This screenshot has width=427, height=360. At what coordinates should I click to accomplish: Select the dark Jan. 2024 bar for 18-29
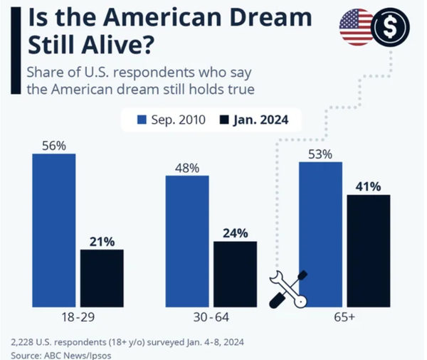tap(102, 277)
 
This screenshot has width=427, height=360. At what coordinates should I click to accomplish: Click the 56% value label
tap(53, 146)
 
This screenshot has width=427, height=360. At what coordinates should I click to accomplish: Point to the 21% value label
tap(102, 240)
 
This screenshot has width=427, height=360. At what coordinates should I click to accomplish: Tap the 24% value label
tap(236, 233)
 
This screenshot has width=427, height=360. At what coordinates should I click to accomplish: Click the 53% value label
tap(320, 154)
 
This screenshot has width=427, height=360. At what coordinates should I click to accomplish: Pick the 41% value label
tap(369, 186)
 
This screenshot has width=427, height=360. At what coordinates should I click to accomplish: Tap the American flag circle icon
tap(356, 28)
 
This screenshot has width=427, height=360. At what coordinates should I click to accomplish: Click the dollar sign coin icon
tap(389, 28)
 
